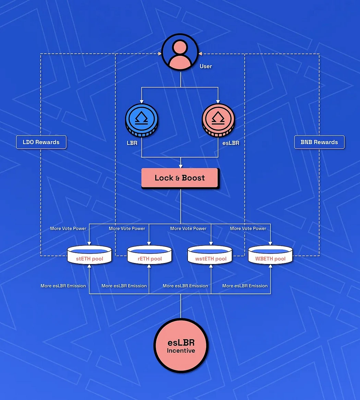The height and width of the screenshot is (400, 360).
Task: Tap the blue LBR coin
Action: point(141,120)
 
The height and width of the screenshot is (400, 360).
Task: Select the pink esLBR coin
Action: point(218,120)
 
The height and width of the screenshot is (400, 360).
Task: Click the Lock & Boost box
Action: point(180,178)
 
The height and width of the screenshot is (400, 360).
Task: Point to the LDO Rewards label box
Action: point(41,142)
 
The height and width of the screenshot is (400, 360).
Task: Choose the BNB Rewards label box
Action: point(319,142)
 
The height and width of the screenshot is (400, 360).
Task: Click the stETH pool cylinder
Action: point(89,255)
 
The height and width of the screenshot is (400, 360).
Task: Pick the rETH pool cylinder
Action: point(149,255)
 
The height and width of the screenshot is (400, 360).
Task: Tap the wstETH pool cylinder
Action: point(211,255)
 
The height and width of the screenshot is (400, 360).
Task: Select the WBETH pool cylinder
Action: point(271,255)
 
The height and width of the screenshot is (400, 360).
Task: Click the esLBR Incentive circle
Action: point(181,346)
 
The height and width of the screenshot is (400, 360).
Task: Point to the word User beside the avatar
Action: point(206,66)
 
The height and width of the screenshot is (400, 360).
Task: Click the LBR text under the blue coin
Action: point(132,143)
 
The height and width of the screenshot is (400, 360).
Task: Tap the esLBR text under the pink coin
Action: point(231,143)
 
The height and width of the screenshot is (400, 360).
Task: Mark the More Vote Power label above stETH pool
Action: point(68,228)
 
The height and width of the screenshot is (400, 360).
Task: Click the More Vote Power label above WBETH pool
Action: point(248,228)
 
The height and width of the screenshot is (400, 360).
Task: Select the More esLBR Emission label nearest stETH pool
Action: point(63,286)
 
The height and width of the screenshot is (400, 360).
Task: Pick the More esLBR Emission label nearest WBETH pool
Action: point(245,286)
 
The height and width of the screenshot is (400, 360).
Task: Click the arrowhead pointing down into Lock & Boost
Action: point(180,166)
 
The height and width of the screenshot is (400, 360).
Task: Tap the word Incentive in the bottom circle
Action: point(181,351)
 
